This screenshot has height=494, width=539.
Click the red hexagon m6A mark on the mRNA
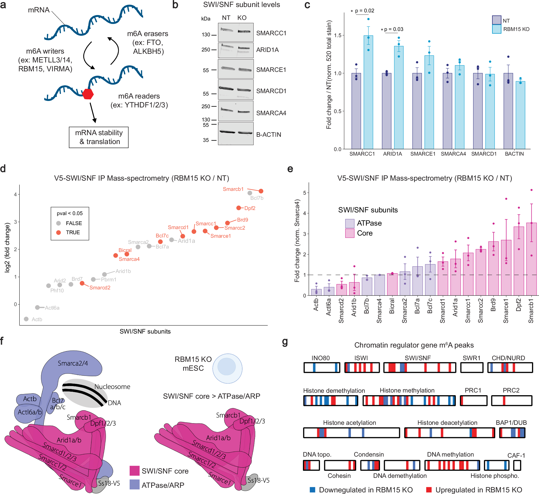(88, 94)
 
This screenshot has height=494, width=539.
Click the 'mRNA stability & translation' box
(99, 137)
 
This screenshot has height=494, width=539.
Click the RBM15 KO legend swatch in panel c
(496, 29)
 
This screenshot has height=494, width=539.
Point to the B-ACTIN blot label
(268, 135)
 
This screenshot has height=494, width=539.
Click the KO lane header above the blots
(242, 18)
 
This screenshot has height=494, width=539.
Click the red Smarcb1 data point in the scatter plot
(261, 191)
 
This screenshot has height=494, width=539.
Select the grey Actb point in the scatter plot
(26, 319)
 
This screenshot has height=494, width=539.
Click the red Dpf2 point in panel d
(239, 208)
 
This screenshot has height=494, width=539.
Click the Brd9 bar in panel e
(493, 269)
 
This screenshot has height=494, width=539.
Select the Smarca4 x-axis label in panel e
(379, 311)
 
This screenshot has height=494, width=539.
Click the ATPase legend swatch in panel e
(350, 223)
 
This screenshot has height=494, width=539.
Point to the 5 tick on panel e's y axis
(305, 193)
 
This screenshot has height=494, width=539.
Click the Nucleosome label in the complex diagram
(112, 387)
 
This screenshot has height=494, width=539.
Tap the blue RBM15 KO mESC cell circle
(227, 368)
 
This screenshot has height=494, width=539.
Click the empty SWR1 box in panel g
(472, 367)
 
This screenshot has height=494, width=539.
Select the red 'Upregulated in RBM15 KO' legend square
(429, 490)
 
